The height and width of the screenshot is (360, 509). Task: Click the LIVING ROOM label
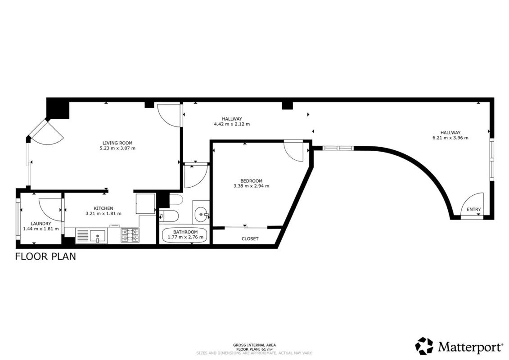click(117, 143)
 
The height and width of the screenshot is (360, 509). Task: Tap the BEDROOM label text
click(251, 181)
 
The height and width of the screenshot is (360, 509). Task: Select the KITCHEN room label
click(103, 208)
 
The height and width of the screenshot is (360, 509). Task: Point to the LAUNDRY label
click(41, 224)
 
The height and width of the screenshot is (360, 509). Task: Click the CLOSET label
click(250, 238)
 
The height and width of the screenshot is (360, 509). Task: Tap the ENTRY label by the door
click(473, 209)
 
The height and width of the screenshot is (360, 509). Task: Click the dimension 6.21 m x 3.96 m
click(450, 138)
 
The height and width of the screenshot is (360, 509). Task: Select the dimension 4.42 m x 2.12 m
click(232, 124)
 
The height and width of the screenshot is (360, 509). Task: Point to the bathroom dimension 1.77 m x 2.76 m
click(185, 237)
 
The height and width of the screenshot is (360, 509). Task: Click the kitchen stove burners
click(130, 235)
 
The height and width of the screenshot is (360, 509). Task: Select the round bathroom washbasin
click(201, 215)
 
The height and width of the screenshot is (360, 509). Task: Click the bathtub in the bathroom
click(185, 235)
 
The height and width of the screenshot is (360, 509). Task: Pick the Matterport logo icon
click(424, 346)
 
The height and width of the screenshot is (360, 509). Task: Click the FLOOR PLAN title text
click(45, 256)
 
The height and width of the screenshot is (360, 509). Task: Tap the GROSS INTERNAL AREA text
click(255, 345)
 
